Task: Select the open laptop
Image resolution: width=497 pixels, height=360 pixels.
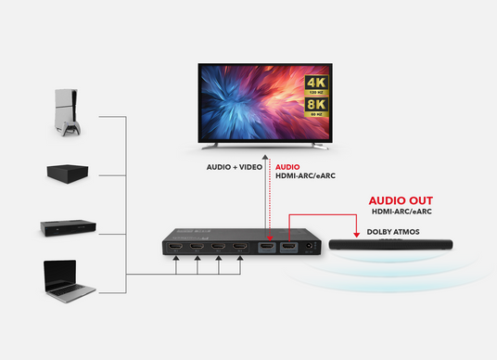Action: coord(69,280)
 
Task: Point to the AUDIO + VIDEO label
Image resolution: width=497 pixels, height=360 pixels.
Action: coord(234,168)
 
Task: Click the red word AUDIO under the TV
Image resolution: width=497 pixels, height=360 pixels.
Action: coord(288,168)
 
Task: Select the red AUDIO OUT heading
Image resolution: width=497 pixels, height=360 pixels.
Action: coord(401,200)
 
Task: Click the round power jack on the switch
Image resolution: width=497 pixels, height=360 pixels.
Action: coord(311,247)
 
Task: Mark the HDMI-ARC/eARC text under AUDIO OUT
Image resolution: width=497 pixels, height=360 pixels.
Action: coord(401,212)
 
